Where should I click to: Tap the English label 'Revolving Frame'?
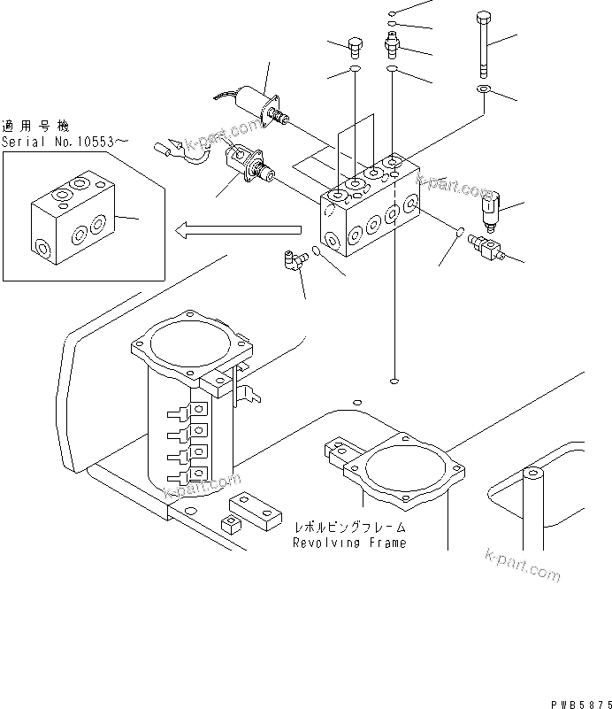coord(349,543)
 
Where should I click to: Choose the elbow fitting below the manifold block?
coord(293,259)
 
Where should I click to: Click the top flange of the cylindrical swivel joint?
coord(190,342)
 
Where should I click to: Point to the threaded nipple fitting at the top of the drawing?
coord(390,42)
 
